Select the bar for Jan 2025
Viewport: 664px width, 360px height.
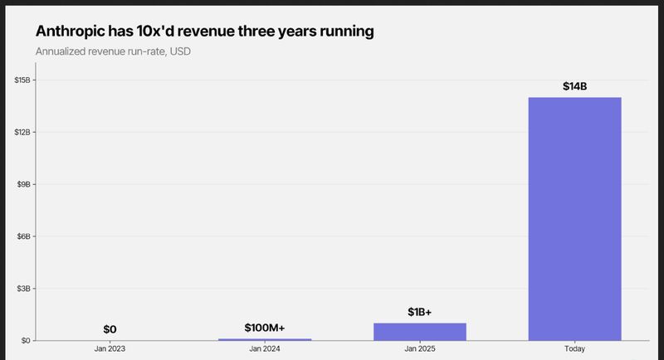coord(420,331)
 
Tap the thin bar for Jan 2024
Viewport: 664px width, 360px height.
coord(265,338)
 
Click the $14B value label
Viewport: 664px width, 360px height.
coord(574,85)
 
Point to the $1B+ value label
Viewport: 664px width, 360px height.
coord(420,312)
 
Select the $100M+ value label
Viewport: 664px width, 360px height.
coord(265,328)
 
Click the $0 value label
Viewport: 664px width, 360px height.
coord(110,329)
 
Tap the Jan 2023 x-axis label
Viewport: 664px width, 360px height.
coord(110,349)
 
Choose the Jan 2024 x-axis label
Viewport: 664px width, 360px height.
coord(265,349)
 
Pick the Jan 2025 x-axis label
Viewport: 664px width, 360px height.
coord(420,349)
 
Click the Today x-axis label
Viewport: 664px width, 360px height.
coord(574,349)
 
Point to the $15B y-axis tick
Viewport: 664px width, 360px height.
coord(22,80)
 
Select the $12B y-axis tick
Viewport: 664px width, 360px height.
coord(22,132)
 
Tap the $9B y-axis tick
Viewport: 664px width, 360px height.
coord(24,184)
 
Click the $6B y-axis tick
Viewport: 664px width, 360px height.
coord(24,236)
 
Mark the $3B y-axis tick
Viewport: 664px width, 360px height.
coord(24,288)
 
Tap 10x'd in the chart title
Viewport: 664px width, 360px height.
coord(166,32)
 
